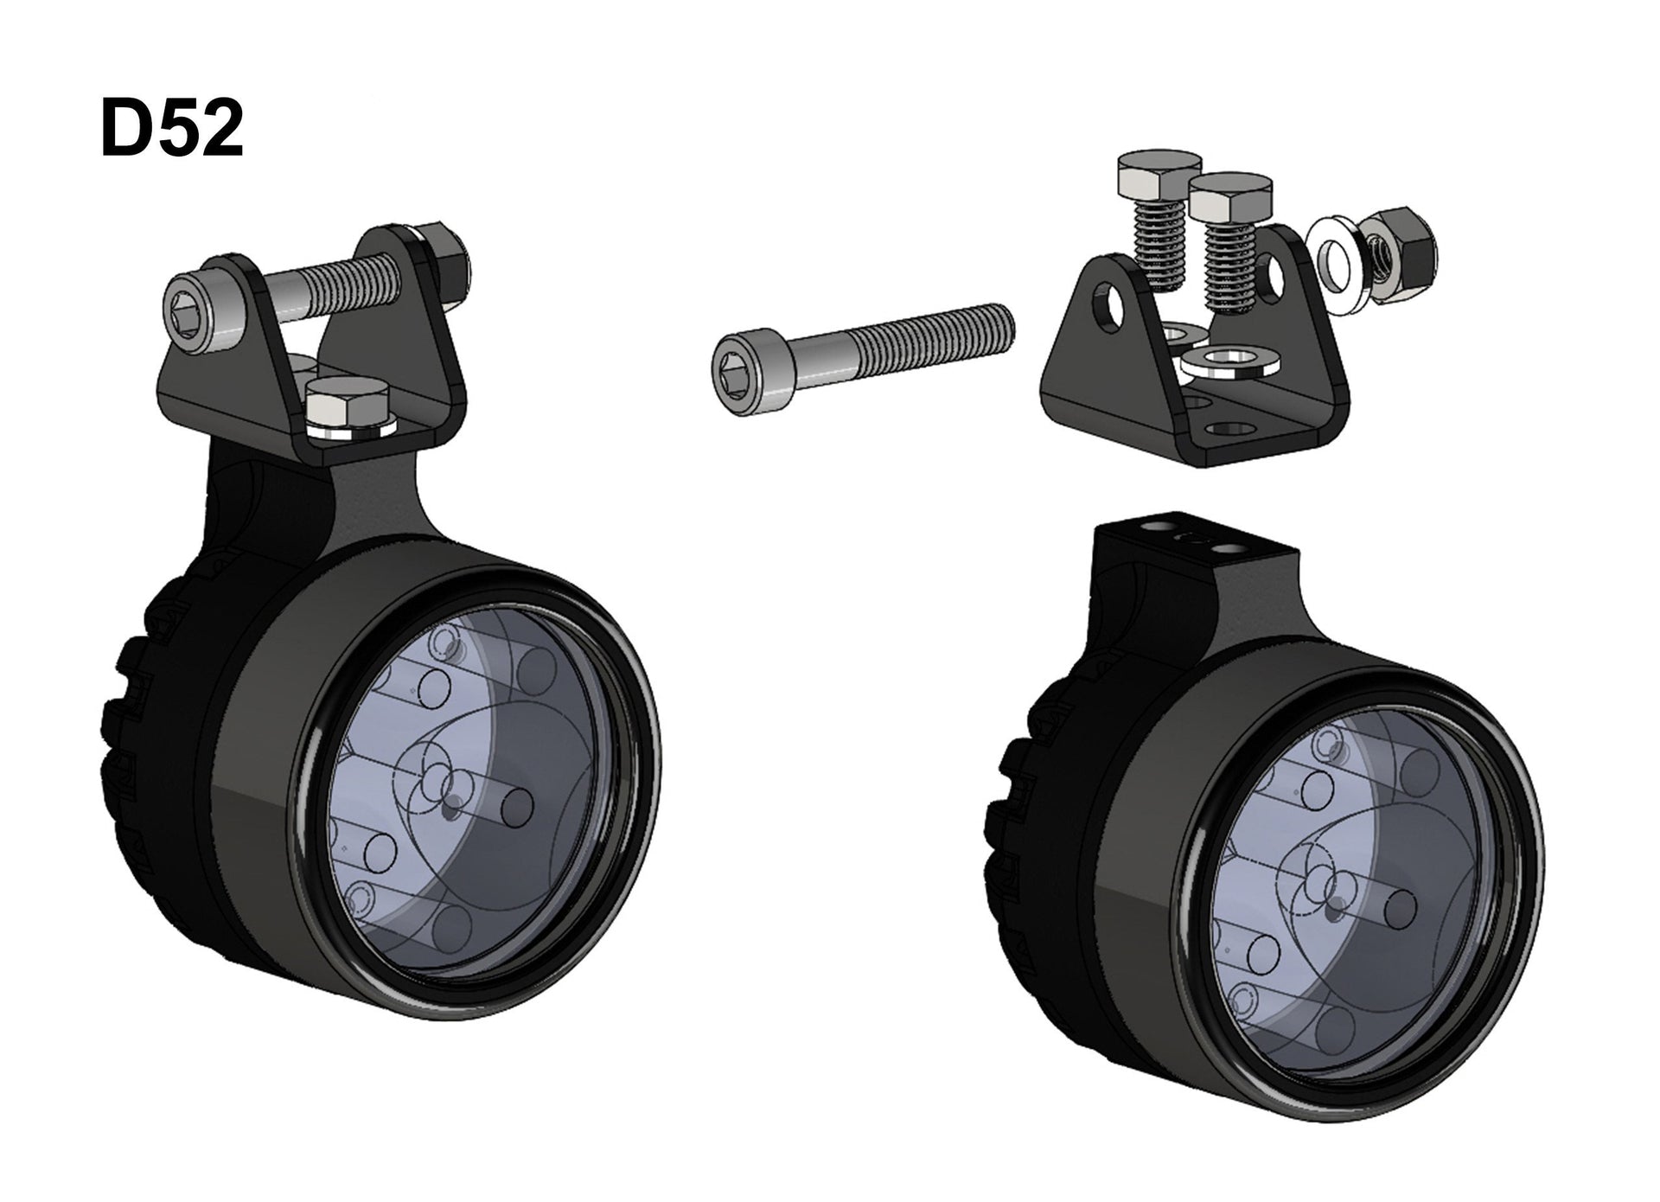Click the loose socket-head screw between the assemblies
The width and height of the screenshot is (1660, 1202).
click(862, 358)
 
